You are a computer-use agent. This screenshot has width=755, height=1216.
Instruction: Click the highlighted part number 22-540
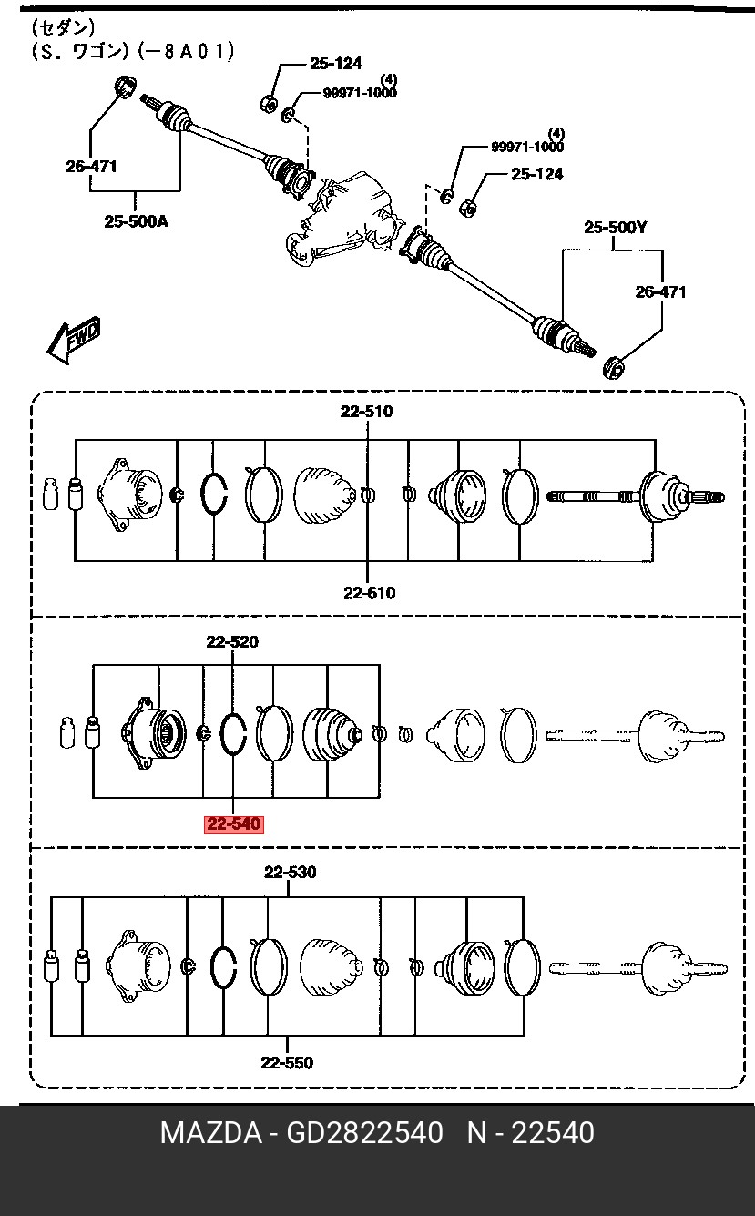point(234,824)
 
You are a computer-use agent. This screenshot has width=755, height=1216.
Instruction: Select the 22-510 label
point(366,412)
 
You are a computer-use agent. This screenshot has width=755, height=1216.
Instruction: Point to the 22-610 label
point(369,593)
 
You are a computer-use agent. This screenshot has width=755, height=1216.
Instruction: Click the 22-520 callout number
point(232,641)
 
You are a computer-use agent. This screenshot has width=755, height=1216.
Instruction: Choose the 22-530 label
point(290,872)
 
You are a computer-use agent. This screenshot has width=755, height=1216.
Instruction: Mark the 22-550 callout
point(287,1062)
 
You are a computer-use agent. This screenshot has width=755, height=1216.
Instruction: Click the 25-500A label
point(137,221)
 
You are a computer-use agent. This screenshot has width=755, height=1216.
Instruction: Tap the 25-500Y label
point(616,227)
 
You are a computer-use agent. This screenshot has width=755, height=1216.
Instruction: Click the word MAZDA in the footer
point(211,1133)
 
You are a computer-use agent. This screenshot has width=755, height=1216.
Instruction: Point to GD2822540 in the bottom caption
point(364,1133)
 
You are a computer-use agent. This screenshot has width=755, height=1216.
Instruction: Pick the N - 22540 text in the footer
point(531,1133)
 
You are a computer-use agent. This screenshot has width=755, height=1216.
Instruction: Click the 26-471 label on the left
point(91,166)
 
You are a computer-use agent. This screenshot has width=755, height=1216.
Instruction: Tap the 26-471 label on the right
point(660,292)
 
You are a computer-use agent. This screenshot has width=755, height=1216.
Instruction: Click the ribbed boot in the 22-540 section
point(330,734)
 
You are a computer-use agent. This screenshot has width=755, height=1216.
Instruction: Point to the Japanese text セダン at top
point(63,27)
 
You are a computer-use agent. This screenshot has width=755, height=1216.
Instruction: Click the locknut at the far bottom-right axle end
point(614,366)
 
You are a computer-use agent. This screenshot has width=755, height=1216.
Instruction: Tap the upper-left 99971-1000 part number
point(360,93)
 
